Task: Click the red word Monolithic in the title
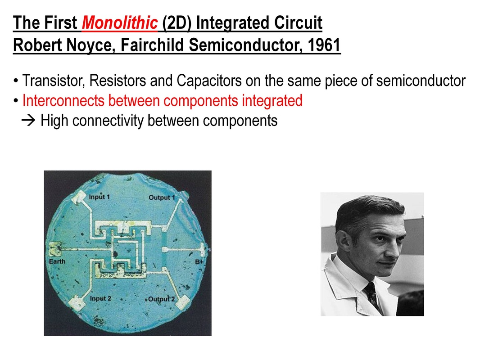(120, 22)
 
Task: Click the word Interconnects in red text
(63, 100)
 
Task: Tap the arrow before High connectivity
(28, 121)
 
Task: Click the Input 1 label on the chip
(99, 197)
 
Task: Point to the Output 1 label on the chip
(162, 198)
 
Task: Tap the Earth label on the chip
(57, 261)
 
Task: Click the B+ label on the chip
(199, 262)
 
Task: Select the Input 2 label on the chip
(100, 298)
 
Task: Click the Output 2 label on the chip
(161, 299)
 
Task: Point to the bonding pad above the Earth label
(55, 249)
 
